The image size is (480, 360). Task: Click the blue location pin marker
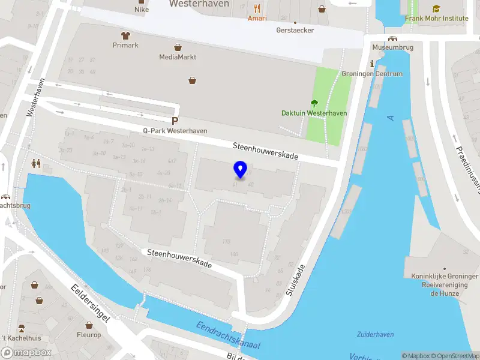coord(241,170)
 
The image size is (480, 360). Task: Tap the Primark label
coord(125,45)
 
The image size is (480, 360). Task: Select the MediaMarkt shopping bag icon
coord(178,47)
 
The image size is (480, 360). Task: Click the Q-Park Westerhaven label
coord(175,131)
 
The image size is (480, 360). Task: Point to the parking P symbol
coord(175,121)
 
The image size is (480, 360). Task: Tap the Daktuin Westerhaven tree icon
coord(314,103)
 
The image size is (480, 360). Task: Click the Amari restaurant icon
coord(257,8)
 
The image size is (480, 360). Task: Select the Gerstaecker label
coord(295,30)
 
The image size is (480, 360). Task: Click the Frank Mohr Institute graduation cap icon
coord(436,8)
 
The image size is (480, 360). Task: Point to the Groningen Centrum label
coord(380,74)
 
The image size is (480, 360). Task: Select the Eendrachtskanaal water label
coord(228,337)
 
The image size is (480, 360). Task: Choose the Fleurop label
coord(89,335)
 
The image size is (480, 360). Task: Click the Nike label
coord(142,9)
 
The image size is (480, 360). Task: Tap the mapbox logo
coord(26,352)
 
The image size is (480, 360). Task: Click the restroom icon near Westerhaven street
coord(35,163)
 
